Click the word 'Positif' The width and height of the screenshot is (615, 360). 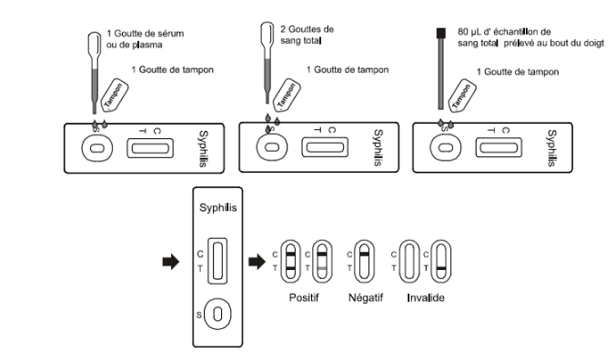(x=305, y=297)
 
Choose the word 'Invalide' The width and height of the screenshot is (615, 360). (x=426, y=297)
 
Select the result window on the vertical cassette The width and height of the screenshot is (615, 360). (x=217, y=259)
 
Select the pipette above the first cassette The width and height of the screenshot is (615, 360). (x=95, y=73)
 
